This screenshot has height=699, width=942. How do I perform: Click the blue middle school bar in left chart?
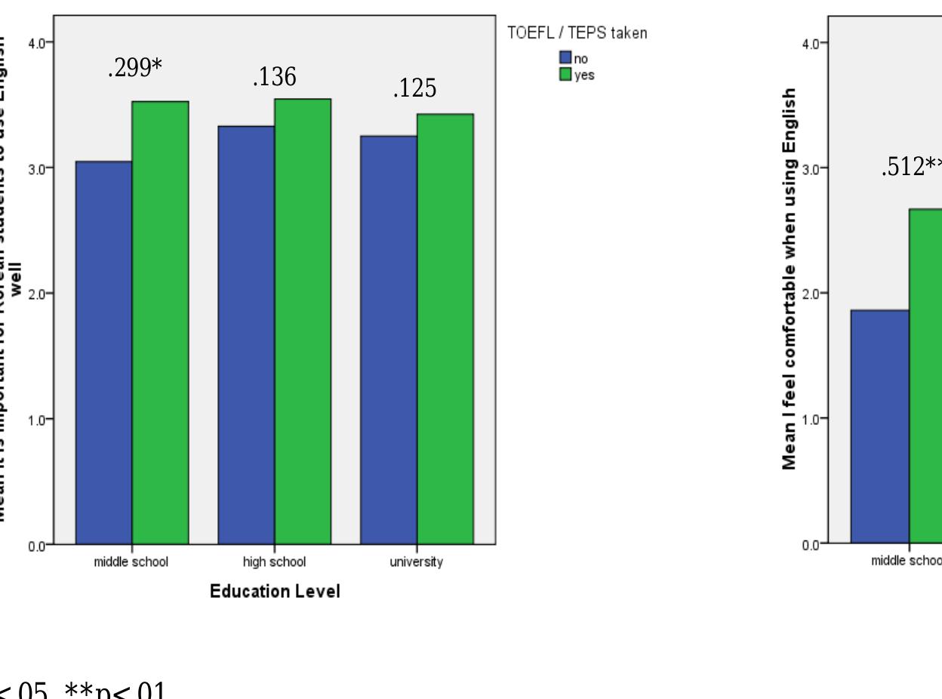103,353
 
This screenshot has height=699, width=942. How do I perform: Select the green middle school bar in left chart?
160,322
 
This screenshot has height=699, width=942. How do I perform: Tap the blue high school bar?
245,334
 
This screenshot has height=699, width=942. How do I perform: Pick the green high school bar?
302,322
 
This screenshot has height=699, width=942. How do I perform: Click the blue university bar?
388,340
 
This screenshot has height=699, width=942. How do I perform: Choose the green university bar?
445,329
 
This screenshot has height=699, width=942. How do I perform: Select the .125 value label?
414,89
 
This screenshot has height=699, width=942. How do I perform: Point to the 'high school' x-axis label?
274,562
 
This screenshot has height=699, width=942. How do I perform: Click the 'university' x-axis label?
416,562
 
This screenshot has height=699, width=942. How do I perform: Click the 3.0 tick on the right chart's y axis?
811,168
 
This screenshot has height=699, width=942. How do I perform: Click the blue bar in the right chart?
879,426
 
